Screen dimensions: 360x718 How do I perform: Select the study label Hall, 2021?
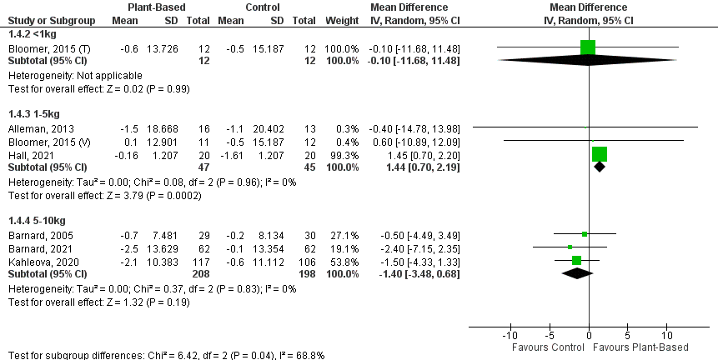(x=25, y=153)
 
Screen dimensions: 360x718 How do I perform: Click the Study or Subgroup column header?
(x=49, y=19)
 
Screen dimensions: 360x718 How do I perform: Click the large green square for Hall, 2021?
(x=600, y=153)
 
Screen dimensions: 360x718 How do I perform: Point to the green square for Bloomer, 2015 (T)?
(x=588, y=47)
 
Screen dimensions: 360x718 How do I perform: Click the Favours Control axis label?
(x=544, y=347)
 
